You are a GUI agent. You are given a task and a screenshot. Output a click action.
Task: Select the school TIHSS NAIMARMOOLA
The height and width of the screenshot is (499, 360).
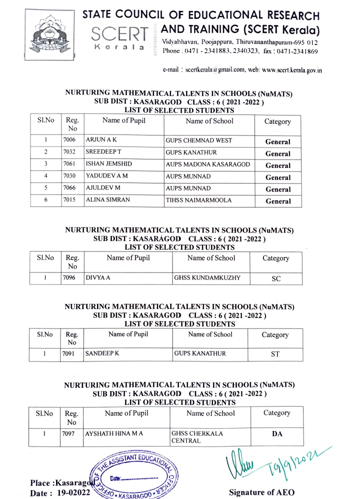pos(198,200)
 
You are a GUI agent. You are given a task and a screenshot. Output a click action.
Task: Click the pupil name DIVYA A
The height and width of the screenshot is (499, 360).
pos(97,277)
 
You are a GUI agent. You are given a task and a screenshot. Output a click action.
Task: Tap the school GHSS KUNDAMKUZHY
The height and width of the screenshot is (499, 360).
pos(207,277)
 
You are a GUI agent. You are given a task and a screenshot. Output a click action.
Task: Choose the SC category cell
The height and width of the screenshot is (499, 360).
pos(276,279)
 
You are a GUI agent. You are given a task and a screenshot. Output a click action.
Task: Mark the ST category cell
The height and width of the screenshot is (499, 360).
pos(275,354)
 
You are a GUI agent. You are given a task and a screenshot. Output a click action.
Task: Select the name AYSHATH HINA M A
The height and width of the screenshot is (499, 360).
pos(113,433)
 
